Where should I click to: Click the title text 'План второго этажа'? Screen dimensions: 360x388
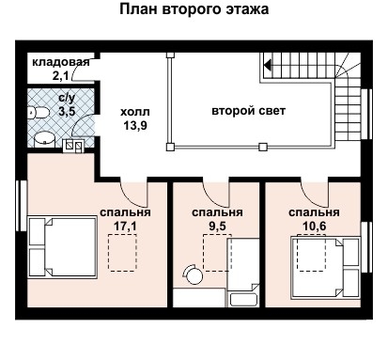(x=194, y=10)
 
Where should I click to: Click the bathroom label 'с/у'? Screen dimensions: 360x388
(x=68, y=97)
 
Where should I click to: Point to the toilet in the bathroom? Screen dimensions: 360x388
(x=37, y=112)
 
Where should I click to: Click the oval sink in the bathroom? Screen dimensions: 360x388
(x=44, y=139)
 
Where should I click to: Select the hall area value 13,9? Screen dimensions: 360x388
(x=134, y=124)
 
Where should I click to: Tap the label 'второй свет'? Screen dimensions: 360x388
(x=249, y=110)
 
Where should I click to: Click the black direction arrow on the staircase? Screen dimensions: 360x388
(x=268, y=66)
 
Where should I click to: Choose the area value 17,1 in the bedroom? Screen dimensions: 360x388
(x=119, y=226)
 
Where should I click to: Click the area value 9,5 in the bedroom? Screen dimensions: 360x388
(x=217, y=226)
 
